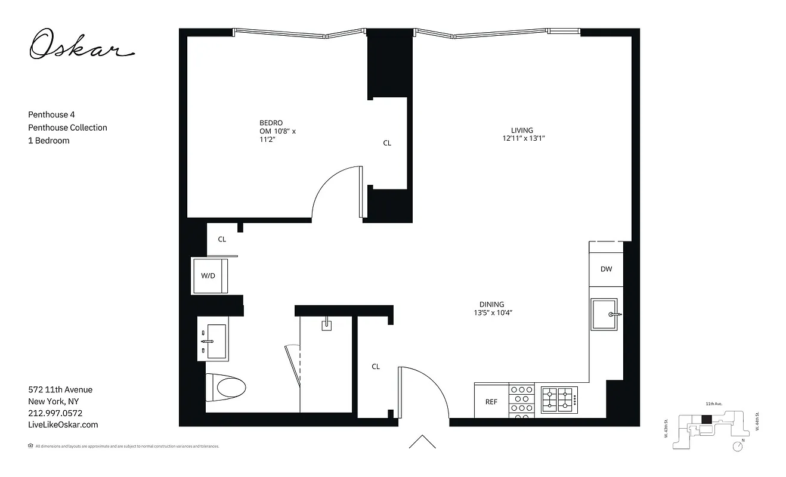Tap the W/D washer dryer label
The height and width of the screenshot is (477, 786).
tap(208, 275)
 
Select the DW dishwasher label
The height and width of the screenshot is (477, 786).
tap(606, 269)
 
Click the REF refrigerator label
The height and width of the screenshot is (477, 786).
tap(491, 402)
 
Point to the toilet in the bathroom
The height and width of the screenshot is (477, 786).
tap(230, 388)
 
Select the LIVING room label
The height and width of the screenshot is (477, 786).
tap(522, 130)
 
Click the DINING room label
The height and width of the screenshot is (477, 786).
tap(492, 304)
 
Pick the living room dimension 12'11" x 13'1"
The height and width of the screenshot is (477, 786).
tap(524, 138)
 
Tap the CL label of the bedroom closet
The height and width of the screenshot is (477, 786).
tap(387, 143)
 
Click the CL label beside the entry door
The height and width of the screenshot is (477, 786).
tap(376, 367)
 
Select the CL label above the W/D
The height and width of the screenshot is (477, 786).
tap(222, 239)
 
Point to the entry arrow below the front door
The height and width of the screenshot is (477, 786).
tap(422, 442)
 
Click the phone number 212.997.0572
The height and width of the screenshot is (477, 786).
tap(55, 413)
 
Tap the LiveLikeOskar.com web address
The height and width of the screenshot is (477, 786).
tap(63, 425)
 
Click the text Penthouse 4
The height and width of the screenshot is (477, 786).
tap(51, 114)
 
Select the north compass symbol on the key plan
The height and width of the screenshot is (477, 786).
tap(739, 445)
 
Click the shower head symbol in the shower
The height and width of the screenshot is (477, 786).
tap(326, 326)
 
